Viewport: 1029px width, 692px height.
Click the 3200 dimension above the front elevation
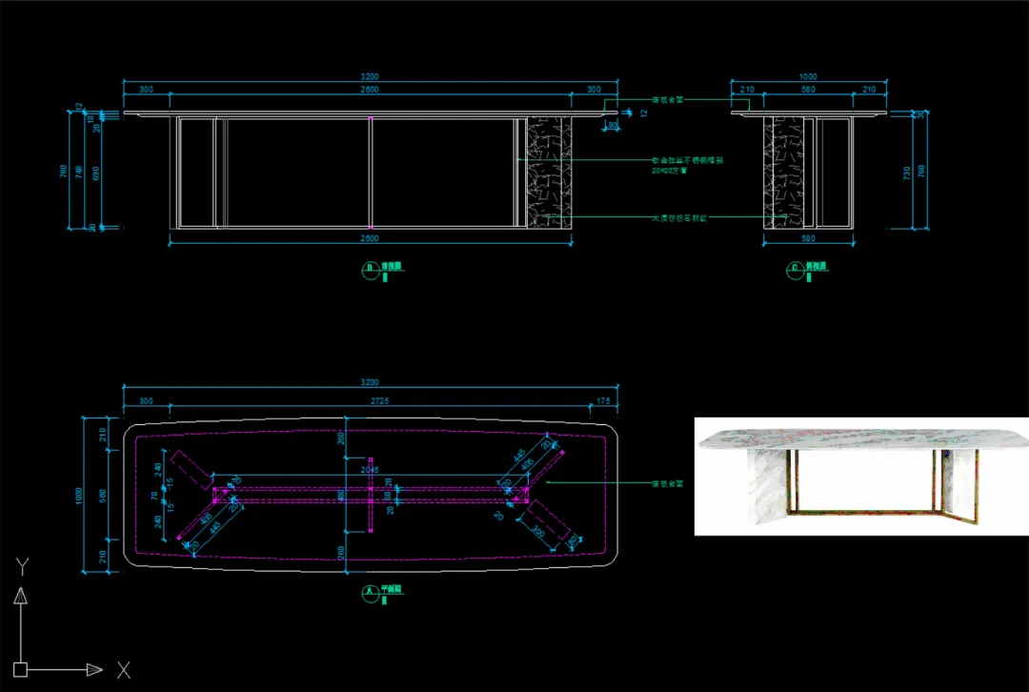click(x=370, y=77)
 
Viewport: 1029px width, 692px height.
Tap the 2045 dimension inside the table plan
click(x=370, y=470)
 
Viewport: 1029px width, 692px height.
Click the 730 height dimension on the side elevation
click(x=906, y=173)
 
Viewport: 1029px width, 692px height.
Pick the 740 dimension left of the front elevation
click(x=79, y=173)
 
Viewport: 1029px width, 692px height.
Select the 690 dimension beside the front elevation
click(x=94, y=173)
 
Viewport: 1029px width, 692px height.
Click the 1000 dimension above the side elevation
click(x=808, y=77)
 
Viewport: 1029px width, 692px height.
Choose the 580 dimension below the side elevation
click(x=808, y=238)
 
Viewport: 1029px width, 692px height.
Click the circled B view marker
click(x=369, y=268)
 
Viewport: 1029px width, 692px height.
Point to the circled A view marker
click(x=369, y=591)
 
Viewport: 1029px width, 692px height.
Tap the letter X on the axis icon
click(x=123, y=670)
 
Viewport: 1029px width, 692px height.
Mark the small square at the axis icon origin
click(x=20, y=669)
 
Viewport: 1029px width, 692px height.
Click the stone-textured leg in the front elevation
click(x=549, y=173)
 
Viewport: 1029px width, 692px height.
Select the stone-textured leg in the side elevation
click(x=782, y=173)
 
